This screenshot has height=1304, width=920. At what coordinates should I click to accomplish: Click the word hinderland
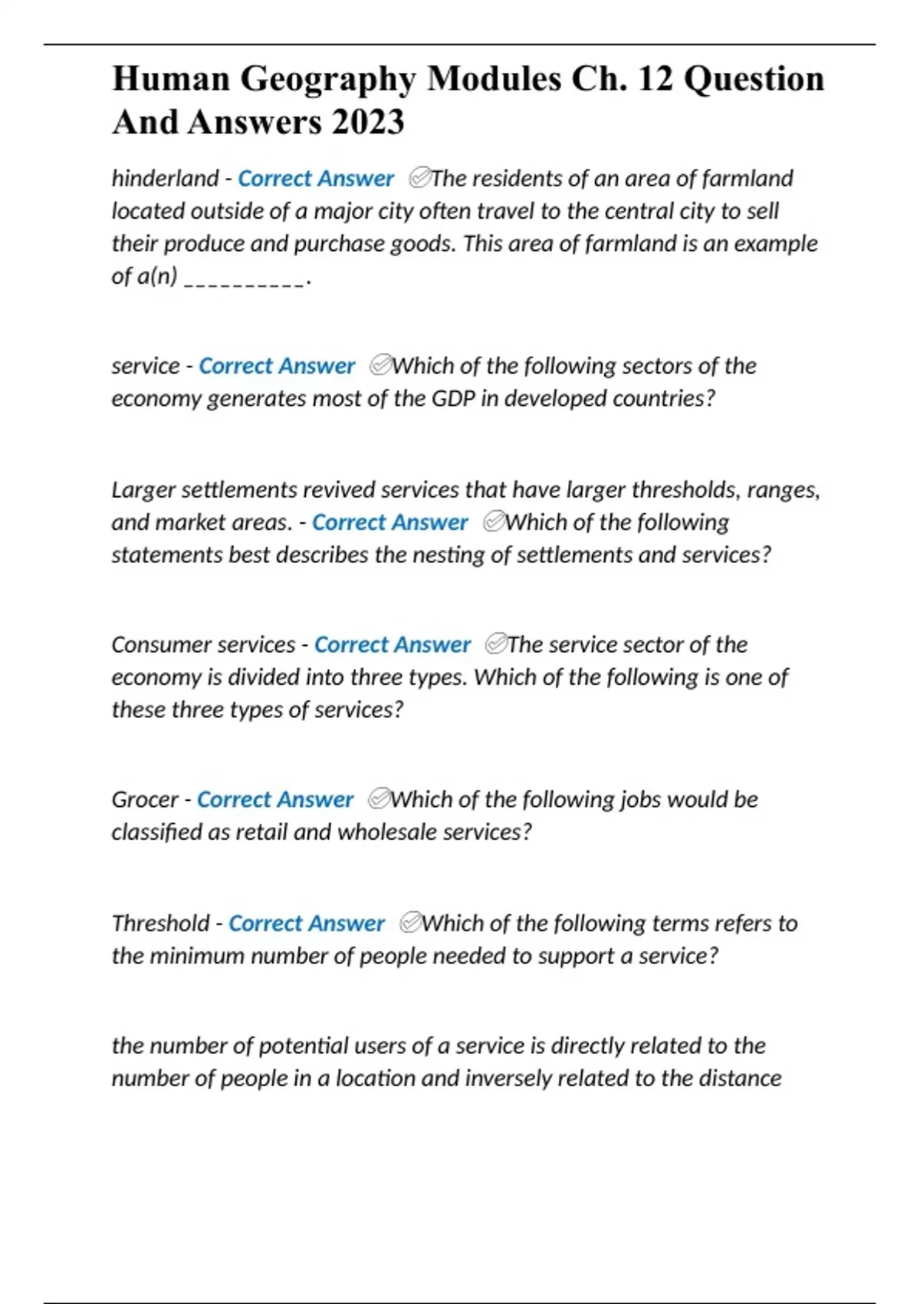tap(165, 179)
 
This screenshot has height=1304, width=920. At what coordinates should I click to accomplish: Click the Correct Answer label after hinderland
tap(315, 179)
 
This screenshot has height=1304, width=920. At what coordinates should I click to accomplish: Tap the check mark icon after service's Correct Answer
tap(380, 365)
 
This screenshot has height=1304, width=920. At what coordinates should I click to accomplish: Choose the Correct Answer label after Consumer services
tap(392, 645)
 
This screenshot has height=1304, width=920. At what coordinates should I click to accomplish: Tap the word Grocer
tap(145, 800)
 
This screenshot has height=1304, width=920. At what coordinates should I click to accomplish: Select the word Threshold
tap(160, 924)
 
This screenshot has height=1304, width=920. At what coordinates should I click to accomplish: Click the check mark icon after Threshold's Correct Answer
tap(411, 923)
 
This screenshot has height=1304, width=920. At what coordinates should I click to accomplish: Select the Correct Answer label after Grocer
tap(274, 800)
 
